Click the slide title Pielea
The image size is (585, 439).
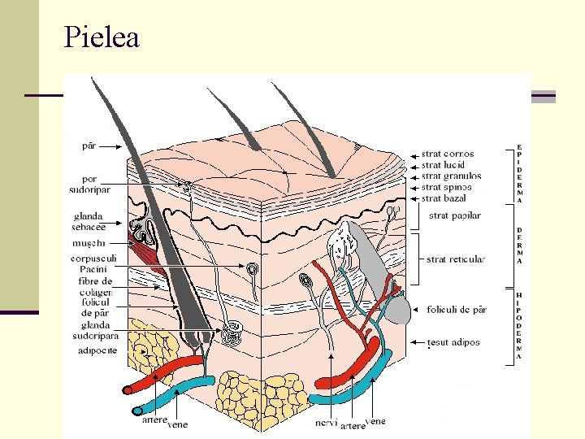(102, 37)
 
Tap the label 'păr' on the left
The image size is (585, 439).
(89, 146)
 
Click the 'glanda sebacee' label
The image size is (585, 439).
(88, 222)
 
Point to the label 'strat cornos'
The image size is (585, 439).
(448, 154)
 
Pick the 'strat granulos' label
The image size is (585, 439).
(451, 176)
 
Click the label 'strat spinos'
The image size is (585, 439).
(446, 187)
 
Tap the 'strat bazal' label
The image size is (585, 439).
(444, 198)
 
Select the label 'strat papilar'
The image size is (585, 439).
(455, 216)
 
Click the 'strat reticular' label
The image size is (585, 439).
(456, 259)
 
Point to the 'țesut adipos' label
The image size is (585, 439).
(453, 342)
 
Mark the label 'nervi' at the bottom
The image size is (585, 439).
(326, 423)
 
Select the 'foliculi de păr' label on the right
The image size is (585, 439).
(457, 310)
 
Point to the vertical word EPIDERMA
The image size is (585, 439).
(519, 174)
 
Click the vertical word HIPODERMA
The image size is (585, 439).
(519, 326)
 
